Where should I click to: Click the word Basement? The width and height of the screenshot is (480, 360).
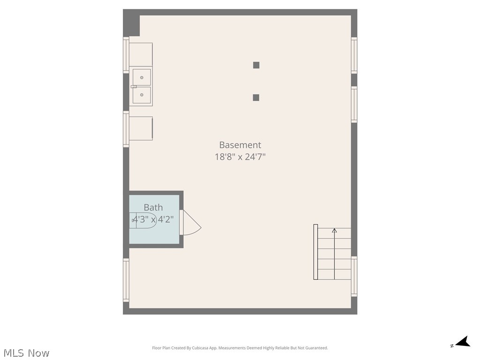pyautogui.click(x=240, y=145)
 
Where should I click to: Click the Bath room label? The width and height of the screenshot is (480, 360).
pyautogui.click(x=153, y=207)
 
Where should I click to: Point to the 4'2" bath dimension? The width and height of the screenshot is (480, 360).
pyautogui.click(x=166, y=219)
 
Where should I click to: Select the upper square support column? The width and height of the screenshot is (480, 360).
pyautogui.click(x=256, y=65)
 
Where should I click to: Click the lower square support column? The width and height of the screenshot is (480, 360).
pyautogui.click(x=256, y=97)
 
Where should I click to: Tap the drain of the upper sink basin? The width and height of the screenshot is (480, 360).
pyautogui.click(x=142, y=77)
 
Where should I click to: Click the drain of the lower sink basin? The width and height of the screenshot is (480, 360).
pyautogui.click(x=142, y=95)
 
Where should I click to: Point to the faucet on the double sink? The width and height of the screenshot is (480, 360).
pyautogui.click(x=134, y=86)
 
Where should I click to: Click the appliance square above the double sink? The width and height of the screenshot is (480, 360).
pyautogui.click(x=141, y=54)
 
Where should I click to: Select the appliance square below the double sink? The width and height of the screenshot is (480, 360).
pyautogui.click(x=141, y=128)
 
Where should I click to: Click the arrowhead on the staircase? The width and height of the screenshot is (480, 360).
pyautogui.click(x=334, y=230)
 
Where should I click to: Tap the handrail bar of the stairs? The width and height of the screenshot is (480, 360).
pyautogui.click(x=315, y=252)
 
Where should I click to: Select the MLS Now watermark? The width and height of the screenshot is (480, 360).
pyautogui.click(x=26, y=352)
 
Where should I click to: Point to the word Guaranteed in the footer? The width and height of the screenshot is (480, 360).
pyautogui.click(x=316, y=348)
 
